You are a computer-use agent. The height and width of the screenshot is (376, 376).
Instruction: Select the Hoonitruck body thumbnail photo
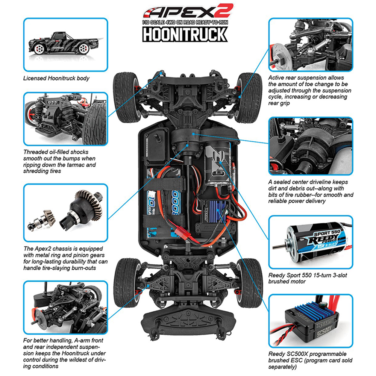point(65,44)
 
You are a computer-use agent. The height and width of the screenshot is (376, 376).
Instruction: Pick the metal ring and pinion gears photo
point(65,212)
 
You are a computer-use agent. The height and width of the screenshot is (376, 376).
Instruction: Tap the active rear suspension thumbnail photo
point(310,44)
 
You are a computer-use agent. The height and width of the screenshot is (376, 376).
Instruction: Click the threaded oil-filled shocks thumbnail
point(65,118)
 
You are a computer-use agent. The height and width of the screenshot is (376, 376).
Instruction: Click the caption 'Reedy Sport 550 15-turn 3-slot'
point(308,275)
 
